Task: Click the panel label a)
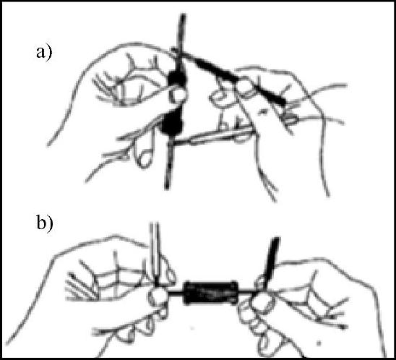pyautogui.click(x=44, y=53)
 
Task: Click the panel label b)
pyautogui.click(x=45, y=223)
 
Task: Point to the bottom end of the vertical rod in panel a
pyautogui.click(x=167, y=188)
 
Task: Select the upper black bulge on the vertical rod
pyautogui.click(x=177, y=78)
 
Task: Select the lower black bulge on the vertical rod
pyautogui.click(x=172, y=124)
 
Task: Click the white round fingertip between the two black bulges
pyautogui.click(x=178, y=95)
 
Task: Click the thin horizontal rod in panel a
pyautogui.click(x=213, y=137)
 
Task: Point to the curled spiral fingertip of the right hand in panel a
pyautogui.click(x=218, y=99)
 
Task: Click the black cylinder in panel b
pyautogui.click(x=210, y=292)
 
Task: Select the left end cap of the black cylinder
pyautogui.click(x=187, y=292)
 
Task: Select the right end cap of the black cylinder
pyautogui.click(x=233, y=292)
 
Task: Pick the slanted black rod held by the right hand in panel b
pyautogui.click(x=272, y=262)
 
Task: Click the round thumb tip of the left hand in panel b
pyautogui.click(x=158, y=296)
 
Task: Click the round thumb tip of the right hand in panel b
pyautogui.click(x=262, y=302)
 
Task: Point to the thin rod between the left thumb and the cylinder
pyautogui.click(x=176, y=293)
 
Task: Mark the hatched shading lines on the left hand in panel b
pyautogui.click(x=80, y=286)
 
